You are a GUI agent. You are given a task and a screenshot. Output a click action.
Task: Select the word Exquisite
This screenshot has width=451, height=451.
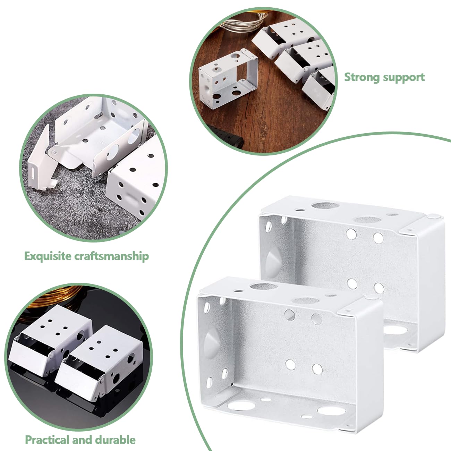click(x=48, y=256)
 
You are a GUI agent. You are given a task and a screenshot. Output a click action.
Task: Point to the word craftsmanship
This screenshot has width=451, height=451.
click(x=112, y=256)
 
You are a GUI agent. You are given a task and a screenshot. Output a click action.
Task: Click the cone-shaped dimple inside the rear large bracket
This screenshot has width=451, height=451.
click(x=273, y=261)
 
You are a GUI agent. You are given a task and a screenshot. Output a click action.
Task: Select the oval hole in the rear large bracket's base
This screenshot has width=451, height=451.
click(x=395, y=330)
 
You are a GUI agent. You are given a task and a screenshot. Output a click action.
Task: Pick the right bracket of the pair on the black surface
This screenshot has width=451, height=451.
click(x=98, y=365)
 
